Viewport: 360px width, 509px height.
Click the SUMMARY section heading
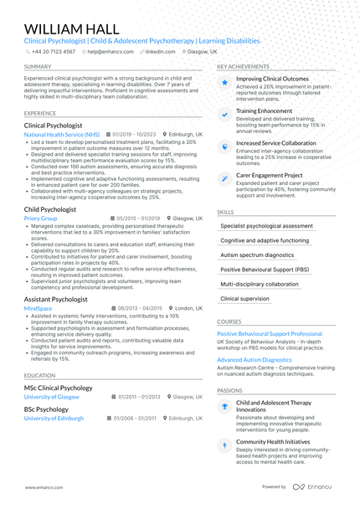point(37,66)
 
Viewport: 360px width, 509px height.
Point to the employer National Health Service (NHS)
point(62,134)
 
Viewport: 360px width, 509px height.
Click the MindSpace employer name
point(39,308)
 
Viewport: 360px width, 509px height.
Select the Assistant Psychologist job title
point(56,299)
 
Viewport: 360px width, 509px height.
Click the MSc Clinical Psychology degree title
point(59,388)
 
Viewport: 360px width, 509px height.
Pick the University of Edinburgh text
point(54,417)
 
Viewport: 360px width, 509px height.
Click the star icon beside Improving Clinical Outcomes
point(224,83)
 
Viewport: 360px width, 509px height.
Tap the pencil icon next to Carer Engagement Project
point(224,178)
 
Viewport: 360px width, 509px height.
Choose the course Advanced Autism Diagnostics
point(255,360)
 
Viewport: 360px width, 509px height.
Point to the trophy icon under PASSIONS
point(224,406)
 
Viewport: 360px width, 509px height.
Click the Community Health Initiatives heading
point(273,441)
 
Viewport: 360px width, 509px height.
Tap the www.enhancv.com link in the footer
point(41,486)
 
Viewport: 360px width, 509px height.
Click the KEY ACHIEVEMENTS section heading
point(243,66)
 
